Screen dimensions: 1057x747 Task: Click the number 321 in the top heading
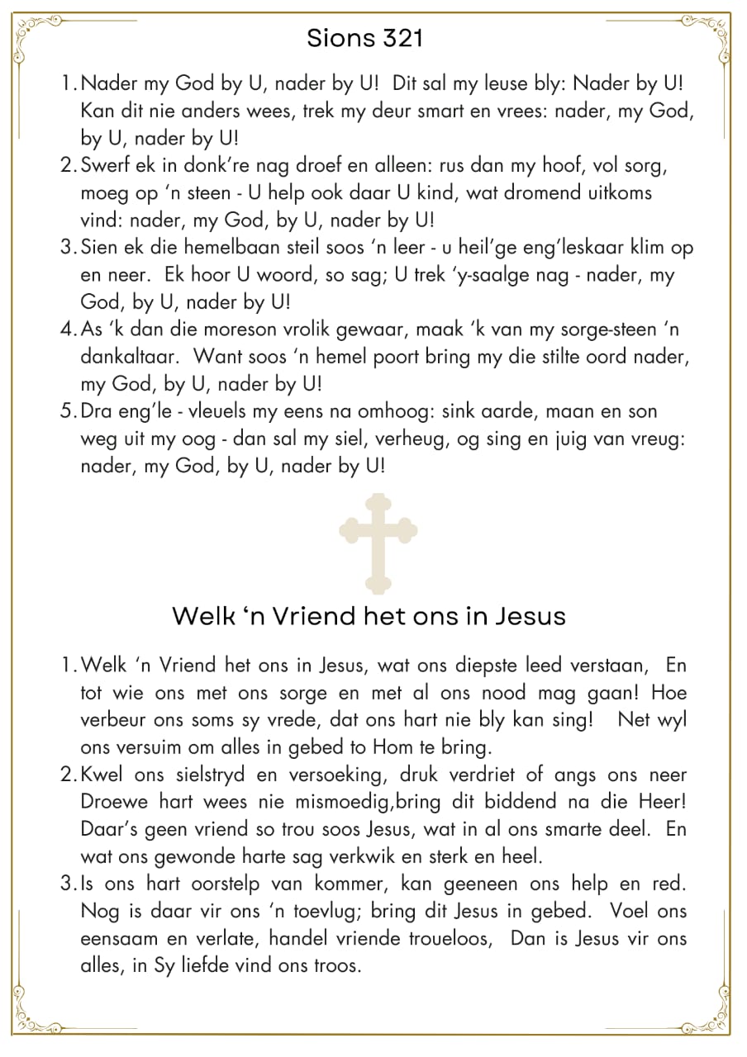pyautogui.click(x=403, y=38)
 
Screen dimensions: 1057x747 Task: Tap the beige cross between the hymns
pyautogui.click(x=378, y=543)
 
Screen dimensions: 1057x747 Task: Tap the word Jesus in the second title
pyautogui.click(x=525, y=616)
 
